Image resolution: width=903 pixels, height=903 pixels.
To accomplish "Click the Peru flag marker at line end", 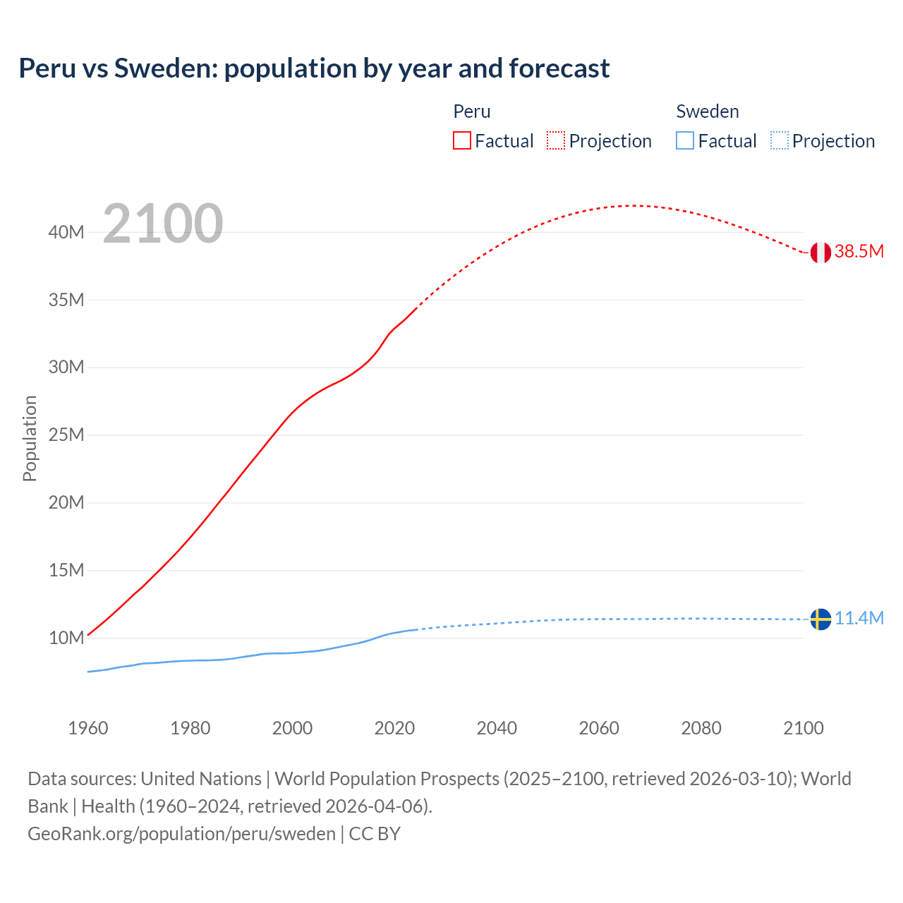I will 820,253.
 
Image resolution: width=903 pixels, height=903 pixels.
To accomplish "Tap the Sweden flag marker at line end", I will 820,619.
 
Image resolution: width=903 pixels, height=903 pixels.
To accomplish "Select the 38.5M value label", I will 859,252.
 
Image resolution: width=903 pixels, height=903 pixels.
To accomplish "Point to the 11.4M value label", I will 859,619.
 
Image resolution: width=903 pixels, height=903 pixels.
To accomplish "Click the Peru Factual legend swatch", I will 461,141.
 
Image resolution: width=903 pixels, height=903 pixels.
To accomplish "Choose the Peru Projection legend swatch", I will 556,141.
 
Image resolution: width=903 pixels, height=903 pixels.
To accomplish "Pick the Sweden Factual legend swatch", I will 685,141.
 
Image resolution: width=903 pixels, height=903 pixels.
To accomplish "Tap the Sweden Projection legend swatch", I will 779,141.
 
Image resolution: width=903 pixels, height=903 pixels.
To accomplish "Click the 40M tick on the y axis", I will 66,233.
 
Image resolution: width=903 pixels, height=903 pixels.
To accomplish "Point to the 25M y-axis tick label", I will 66,435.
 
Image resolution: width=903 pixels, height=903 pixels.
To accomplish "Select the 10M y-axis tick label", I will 66,638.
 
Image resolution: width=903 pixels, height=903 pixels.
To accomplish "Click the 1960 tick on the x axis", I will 88,728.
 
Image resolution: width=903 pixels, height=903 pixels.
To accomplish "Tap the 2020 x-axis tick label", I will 394,728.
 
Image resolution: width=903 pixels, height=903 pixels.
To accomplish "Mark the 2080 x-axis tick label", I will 701,728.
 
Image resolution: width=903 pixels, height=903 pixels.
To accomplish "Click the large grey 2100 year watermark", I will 163,224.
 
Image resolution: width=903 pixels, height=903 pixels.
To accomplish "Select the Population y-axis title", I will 30,438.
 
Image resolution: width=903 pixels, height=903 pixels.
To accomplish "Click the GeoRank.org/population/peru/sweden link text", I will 181,834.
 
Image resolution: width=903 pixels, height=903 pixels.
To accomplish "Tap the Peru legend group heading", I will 471,111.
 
